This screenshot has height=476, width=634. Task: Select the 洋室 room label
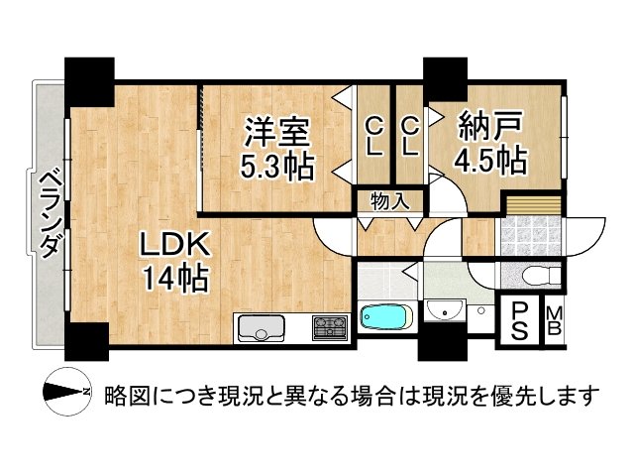[278, 131]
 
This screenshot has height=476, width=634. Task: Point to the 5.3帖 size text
[278, 164]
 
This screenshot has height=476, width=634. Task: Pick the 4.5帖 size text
[490, 161]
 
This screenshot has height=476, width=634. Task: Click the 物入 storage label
[389, 201]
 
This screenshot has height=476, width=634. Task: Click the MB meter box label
[555, 321]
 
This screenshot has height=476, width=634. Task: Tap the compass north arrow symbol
[66, 396]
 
